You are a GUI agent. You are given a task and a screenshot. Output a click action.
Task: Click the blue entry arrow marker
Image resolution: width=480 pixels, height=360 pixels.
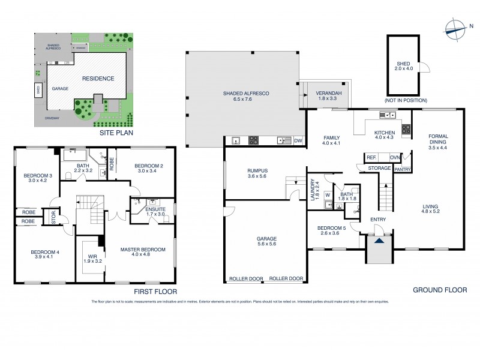point(379,241)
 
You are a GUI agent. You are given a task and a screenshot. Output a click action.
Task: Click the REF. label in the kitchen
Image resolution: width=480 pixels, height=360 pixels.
point(371,158)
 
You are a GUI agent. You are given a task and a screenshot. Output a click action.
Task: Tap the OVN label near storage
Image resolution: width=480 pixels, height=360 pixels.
point(394,158)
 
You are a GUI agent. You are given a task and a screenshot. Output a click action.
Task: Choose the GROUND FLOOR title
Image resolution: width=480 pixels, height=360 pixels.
point(439,290)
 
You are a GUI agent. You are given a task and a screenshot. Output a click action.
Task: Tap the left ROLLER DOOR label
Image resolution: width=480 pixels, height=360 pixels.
point(246,278)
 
